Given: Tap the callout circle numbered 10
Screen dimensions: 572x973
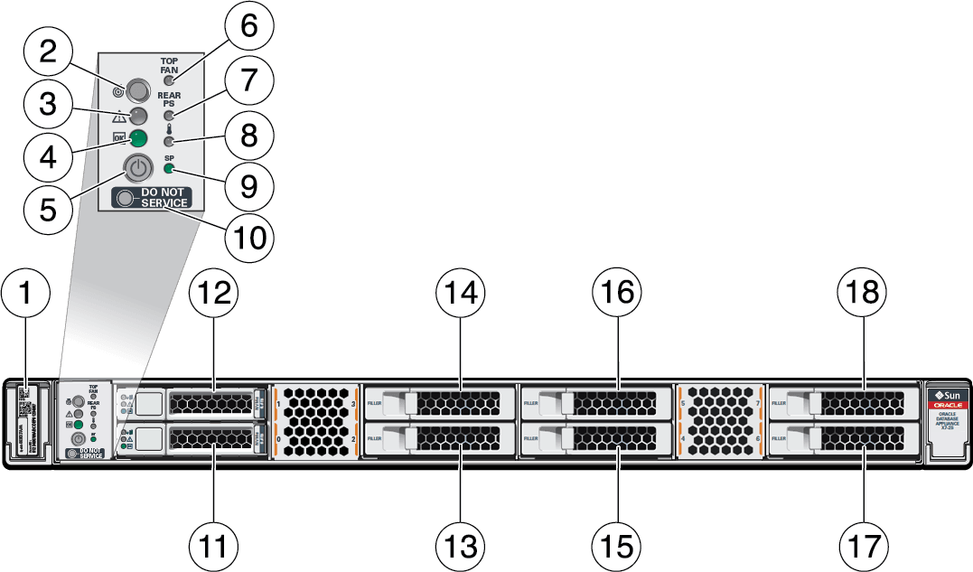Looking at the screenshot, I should point(250,237).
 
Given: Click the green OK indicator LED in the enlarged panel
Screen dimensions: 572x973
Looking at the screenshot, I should point(137,138).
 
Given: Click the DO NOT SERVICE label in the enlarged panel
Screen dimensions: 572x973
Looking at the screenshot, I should point(152,197).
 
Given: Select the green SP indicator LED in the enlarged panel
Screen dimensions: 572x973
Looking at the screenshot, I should point(169,170).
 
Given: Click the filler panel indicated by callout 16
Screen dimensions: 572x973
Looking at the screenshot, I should point(596,400).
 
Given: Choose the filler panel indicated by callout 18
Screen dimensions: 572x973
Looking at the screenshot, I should point(845,400).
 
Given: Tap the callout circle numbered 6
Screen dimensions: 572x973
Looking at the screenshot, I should point(241,28).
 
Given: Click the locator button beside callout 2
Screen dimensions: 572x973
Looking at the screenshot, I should point(138,89).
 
